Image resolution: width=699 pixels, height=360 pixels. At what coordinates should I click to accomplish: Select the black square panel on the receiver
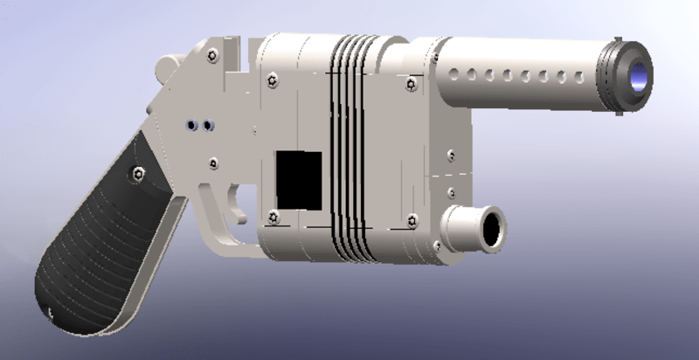(299, 178)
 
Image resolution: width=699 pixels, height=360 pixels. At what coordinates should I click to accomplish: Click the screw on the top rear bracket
(213, 56)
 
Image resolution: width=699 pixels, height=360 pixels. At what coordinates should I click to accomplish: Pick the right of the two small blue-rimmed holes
(208, 127)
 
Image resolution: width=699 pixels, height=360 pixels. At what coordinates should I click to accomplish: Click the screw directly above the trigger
(214, 163)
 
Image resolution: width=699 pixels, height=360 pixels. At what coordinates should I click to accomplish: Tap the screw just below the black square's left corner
(274, 215)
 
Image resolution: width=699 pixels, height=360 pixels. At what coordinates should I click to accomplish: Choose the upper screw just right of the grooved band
(411, 83)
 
